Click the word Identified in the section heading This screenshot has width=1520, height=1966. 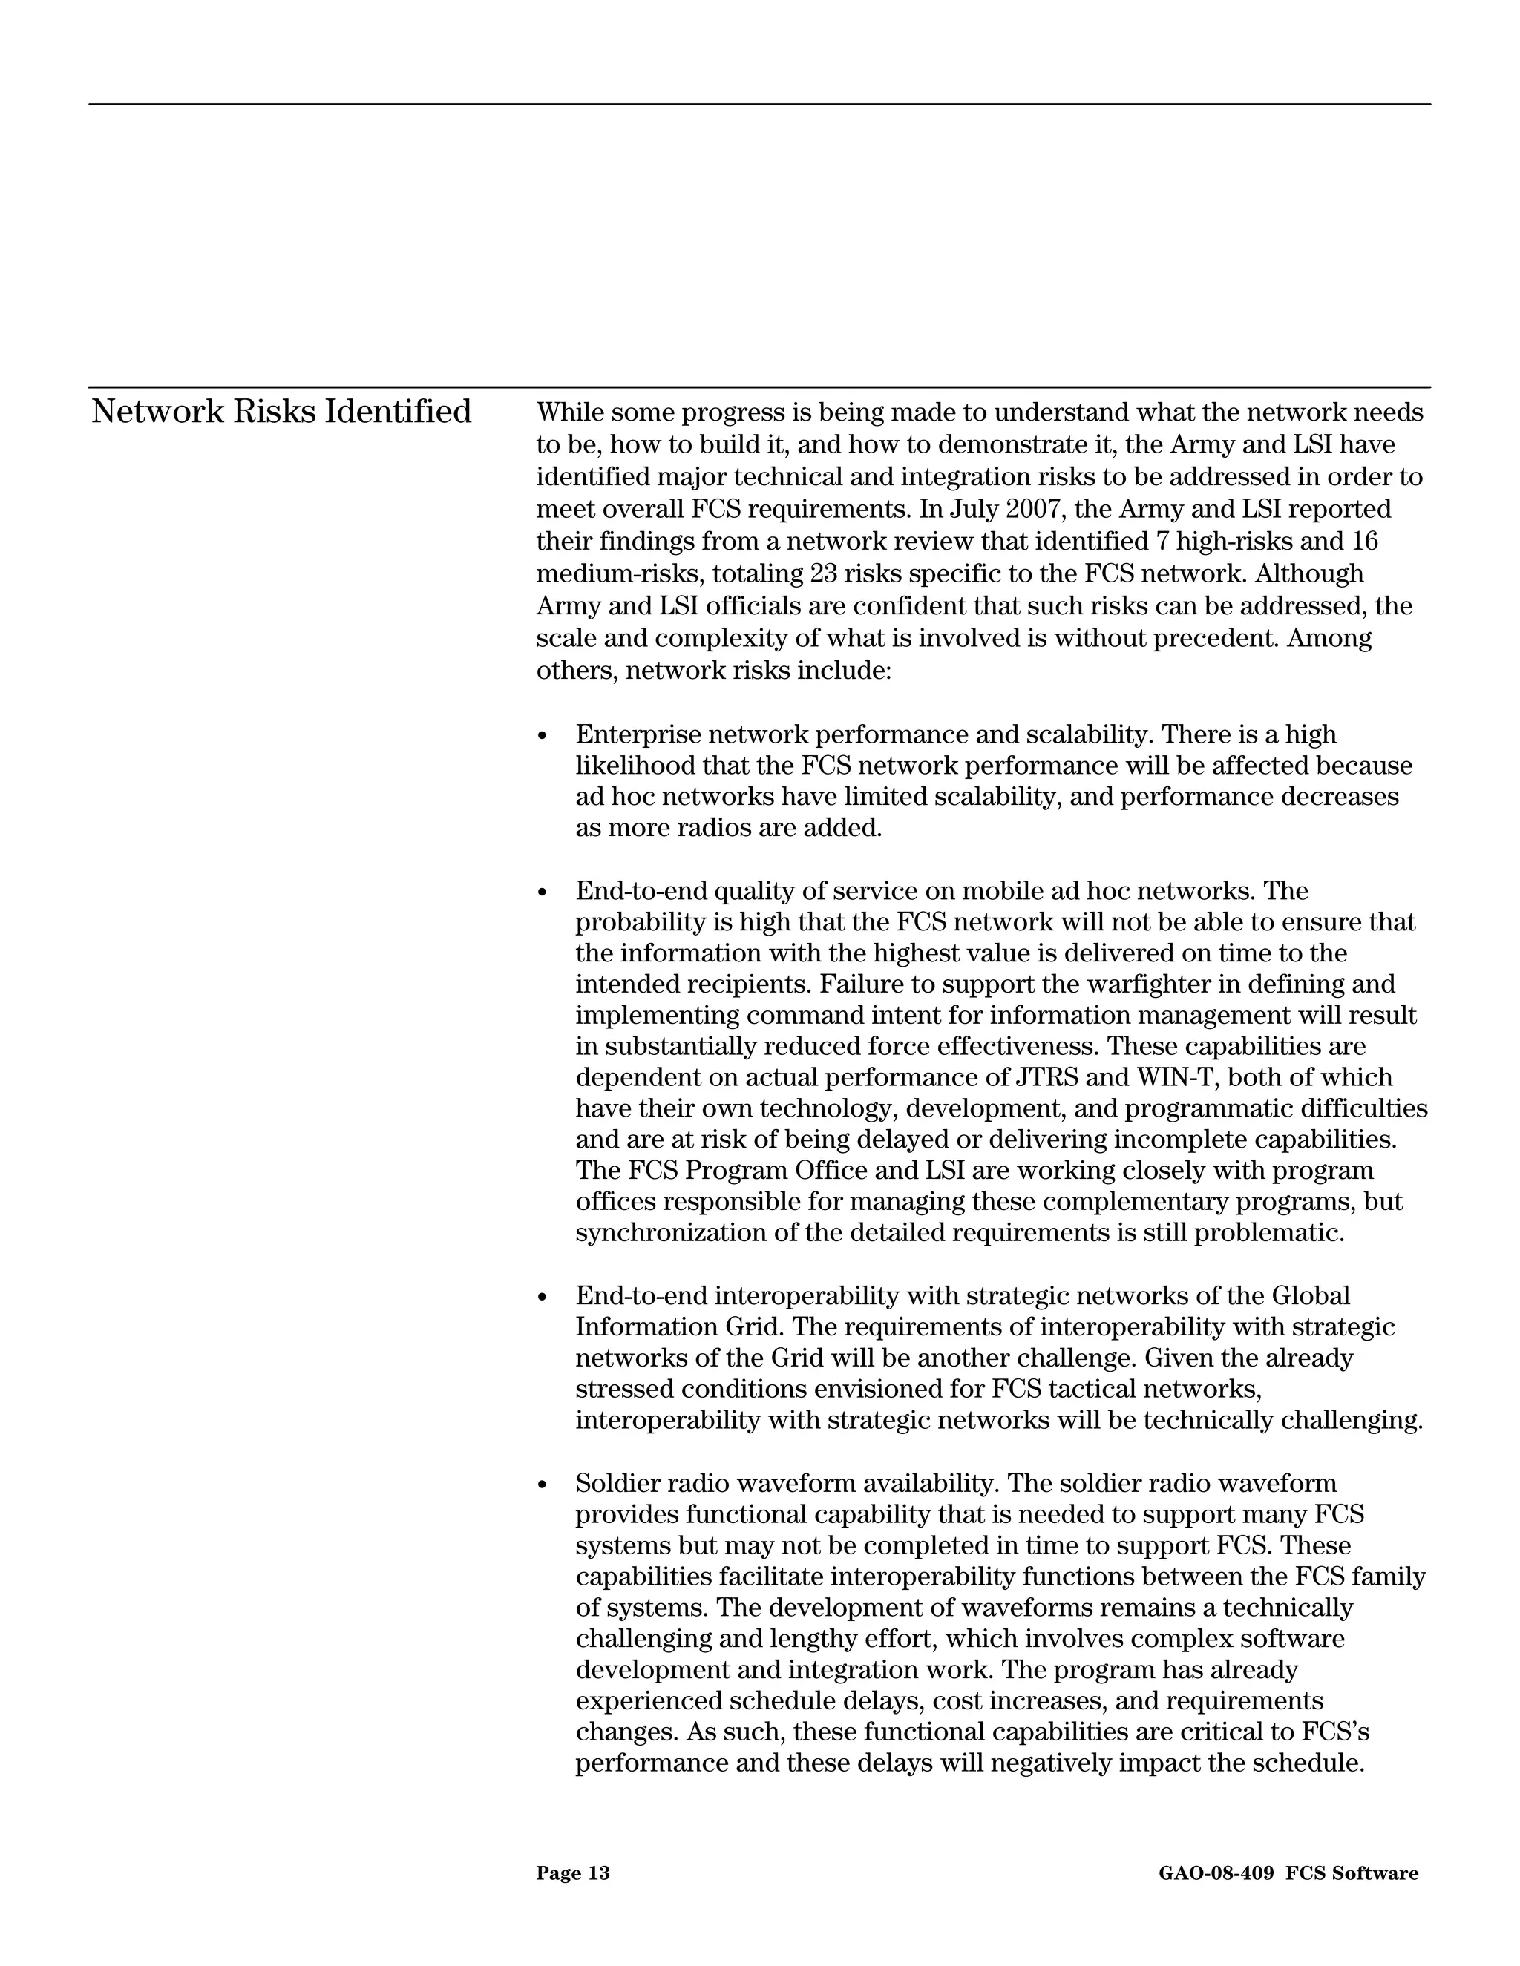pyautogui.click(x=397, y=412)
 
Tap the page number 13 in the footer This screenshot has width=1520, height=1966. pyautogui.click(x=599, y=1873)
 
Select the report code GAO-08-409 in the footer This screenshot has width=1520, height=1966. pyautogui.click(x=1216, y=1873)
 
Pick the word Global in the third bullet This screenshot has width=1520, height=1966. pyautogui.click(x=1310, y=1296)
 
